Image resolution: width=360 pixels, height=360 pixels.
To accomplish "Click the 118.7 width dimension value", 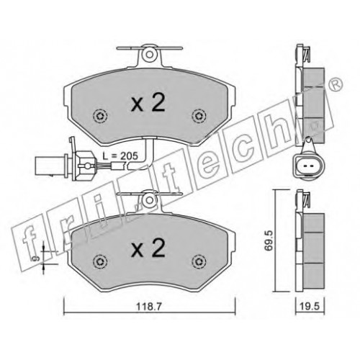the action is (x=149, y=307).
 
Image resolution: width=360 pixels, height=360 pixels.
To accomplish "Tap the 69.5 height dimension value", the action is (x=269, y=240).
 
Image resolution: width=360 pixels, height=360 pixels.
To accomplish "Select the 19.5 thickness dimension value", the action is (x=310, y=307).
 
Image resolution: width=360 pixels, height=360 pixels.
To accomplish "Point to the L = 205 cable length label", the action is (x=120, y=156).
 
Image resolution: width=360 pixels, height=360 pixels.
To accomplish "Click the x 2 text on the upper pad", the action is (x=148, y=103).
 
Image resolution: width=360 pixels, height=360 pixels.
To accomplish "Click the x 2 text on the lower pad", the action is (x=148, y=248).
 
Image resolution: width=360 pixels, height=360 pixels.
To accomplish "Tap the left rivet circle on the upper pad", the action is (x=100, y=116).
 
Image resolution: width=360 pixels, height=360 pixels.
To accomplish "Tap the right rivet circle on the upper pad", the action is (x=199, y=116).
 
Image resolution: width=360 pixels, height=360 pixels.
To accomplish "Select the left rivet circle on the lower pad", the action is (x=100, y=261).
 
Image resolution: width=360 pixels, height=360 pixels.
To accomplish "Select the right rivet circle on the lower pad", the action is (x=199, y=261).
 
